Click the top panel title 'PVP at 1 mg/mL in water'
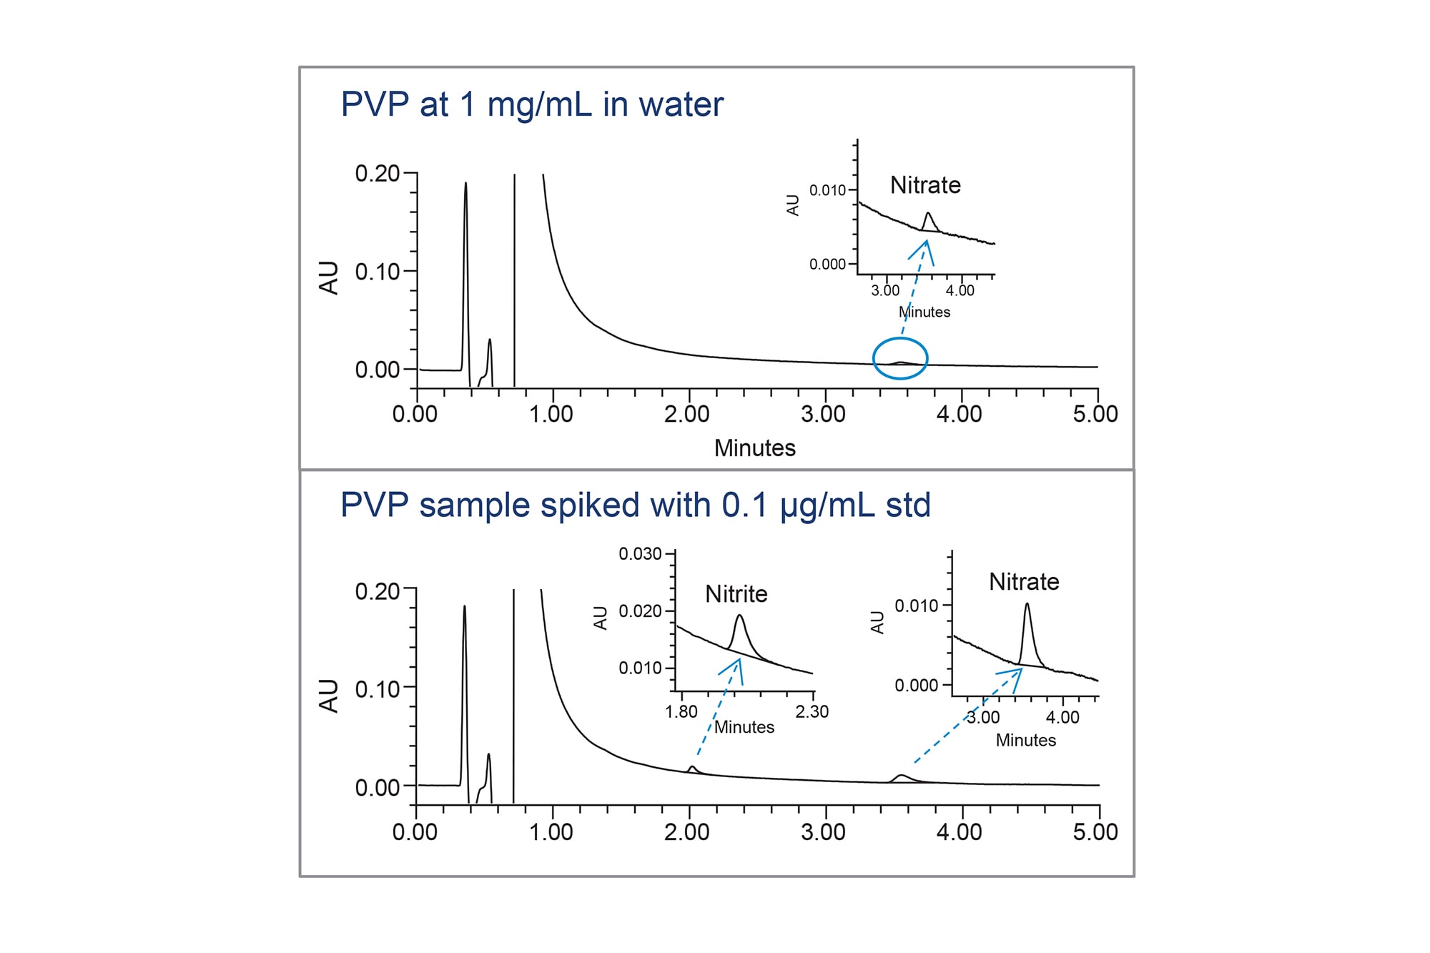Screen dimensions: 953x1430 [532, 104]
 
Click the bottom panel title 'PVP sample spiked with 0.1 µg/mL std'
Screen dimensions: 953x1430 [635, 505]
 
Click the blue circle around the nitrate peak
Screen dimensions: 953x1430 [900, 358]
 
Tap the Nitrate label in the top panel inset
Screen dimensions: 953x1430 [925, 185]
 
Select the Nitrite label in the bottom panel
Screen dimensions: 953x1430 [736, 594]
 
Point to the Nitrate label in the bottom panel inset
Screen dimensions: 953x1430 [1024, 582]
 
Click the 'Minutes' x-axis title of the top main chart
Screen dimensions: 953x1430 [754, 448]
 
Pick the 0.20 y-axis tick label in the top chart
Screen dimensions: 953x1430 [377, 173]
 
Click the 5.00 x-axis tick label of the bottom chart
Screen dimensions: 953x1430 [1095, 832]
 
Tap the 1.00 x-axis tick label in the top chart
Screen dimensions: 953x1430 [551, 414]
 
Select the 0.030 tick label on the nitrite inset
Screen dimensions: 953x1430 [640, 554]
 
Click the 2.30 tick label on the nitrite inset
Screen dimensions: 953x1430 [812, 712]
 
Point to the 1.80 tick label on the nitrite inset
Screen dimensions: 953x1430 [681, 712]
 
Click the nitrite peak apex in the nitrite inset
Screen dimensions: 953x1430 [739, 616]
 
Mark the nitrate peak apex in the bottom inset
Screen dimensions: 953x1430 [1027, 604]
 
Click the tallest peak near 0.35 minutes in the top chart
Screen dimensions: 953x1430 [465, 184]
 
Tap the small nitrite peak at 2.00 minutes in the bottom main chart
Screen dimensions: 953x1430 [691, 768]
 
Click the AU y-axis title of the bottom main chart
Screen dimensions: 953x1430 [328, 696]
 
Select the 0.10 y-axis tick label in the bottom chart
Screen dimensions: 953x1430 [377, 689]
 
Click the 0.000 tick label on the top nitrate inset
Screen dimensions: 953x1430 [827, 265]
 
